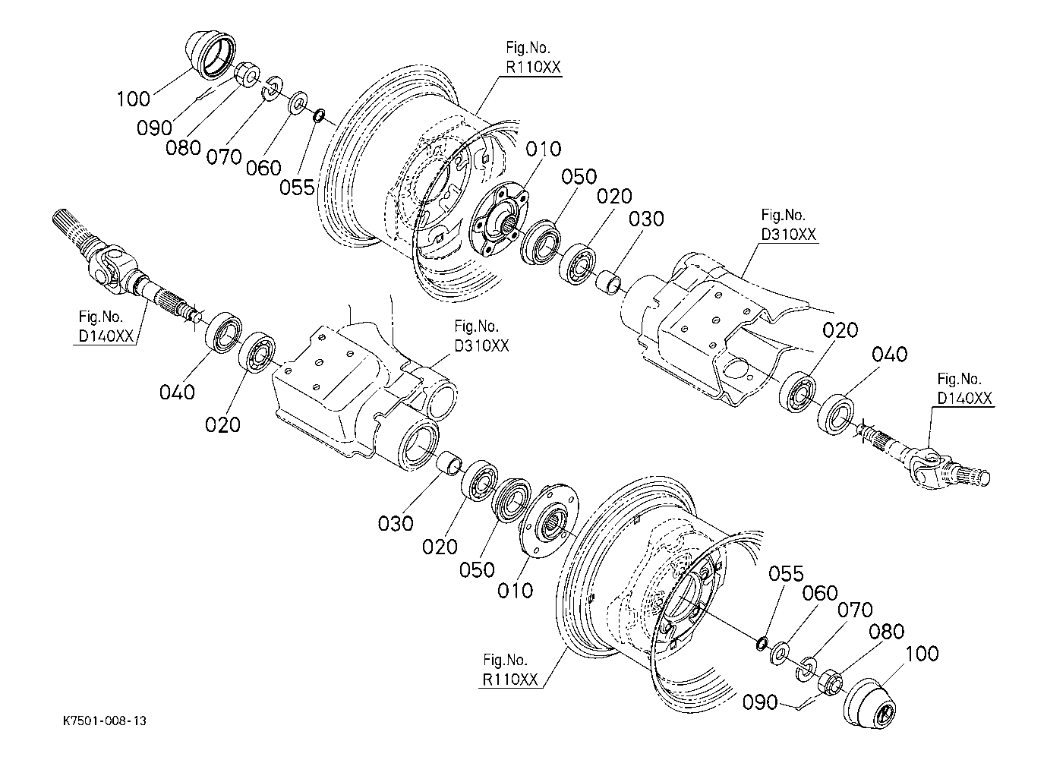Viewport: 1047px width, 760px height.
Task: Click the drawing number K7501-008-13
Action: pos(105,721)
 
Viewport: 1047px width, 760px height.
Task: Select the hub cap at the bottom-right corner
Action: pos(869,703)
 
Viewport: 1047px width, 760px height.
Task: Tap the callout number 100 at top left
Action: pos(133,99)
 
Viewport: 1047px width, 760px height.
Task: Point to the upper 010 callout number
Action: pos(543,149)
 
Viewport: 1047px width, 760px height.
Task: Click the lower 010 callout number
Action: pos(515,591)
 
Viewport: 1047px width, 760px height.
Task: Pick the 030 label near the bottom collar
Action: pos(396,523)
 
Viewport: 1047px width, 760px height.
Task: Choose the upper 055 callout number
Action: pos(298,188)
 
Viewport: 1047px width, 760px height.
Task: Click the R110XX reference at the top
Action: pos(533,68)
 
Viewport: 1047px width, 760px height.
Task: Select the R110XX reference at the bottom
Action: pos(510,680)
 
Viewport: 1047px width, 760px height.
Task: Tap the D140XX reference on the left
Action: pos(106,336)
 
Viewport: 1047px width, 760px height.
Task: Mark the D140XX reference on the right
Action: pos(965,399)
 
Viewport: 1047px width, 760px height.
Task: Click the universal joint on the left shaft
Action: pos(110,266)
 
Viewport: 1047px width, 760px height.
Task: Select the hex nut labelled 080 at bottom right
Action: pos(830,683)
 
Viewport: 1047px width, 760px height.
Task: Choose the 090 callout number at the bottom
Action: pos(760,702)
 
